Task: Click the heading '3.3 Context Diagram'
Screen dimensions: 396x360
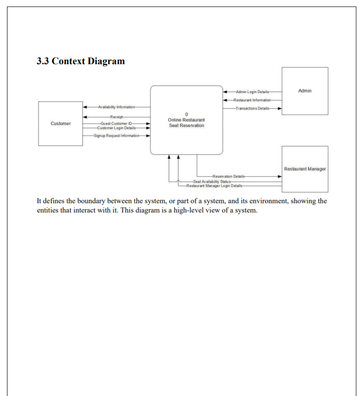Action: [x=81, y=61]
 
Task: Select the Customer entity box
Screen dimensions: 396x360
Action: [x=60, y=124]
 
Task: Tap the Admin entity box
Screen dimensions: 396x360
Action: [x=305, y=91]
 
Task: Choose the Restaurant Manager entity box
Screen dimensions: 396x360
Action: [x=305, y=169]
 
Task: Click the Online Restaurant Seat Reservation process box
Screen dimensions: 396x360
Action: [x=186, y=120]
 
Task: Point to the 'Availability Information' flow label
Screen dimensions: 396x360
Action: [x=116, y=107]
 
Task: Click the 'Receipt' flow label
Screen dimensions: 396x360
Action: [x=116, y=117]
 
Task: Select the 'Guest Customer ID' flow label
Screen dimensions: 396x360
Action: [x=116, y=123]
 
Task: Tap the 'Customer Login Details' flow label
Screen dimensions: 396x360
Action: [x=116, y=128]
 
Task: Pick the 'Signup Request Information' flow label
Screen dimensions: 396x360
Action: [x=116, y=136]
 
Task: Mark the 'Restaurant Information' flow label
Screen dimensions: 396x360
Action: [x=252, y=100]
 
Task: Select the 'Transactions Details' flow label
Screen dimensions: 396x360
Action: [x=252, y=108]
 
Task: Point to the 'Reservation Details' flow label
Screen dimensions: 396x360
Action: [x=229, y=177]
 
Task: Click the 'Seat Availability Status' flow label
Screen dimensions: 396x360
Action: [x=212, y=181]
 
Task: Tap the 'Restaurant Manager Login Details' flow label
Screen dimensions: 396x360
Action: [x=215, y=186]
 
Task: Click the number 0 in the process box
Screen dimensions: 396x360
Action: [x=186, y=114]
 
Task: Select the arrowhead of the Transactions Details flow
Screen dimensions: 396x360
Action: [x=279, y=108]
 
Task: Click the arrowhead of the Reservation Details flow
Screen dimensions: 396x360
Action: [x=279, y=177]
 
